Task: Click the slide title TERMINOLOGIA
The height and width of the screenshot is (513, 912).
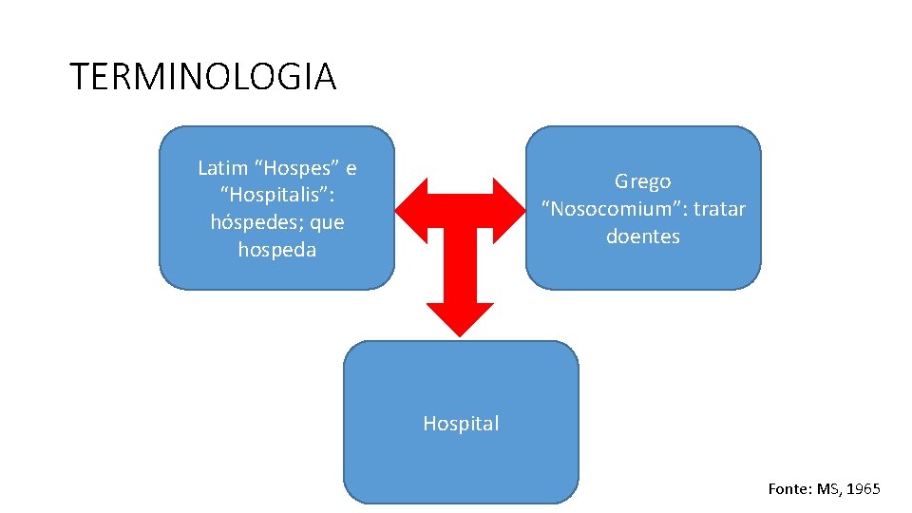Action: (x=203, y=77)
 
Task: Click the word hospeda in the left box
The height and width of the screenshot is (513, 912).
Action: (x=276, y=250)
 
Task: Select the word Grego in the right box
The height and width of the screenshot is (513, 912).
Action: (x=642, y=181)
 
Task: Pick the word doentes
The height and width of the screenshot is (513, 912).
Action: (x=643, y=237)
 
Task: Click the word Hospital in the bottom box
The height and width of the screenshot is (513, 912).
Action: (x=461, y=424)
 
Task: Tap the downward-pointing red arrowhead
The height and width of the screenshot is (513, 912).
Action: (x=460, y=319)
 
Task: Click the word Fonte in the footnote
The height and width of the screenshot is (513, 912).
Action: (x=788, y=489)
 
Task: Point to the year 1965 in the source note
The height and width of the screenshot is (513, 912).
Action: (x=863, y=489)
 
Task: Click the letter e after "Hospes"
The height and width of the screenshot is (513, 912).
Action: (x=351, y=169)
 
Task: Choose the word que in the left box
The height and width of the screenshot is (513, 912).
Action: (x=327, y=223)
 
